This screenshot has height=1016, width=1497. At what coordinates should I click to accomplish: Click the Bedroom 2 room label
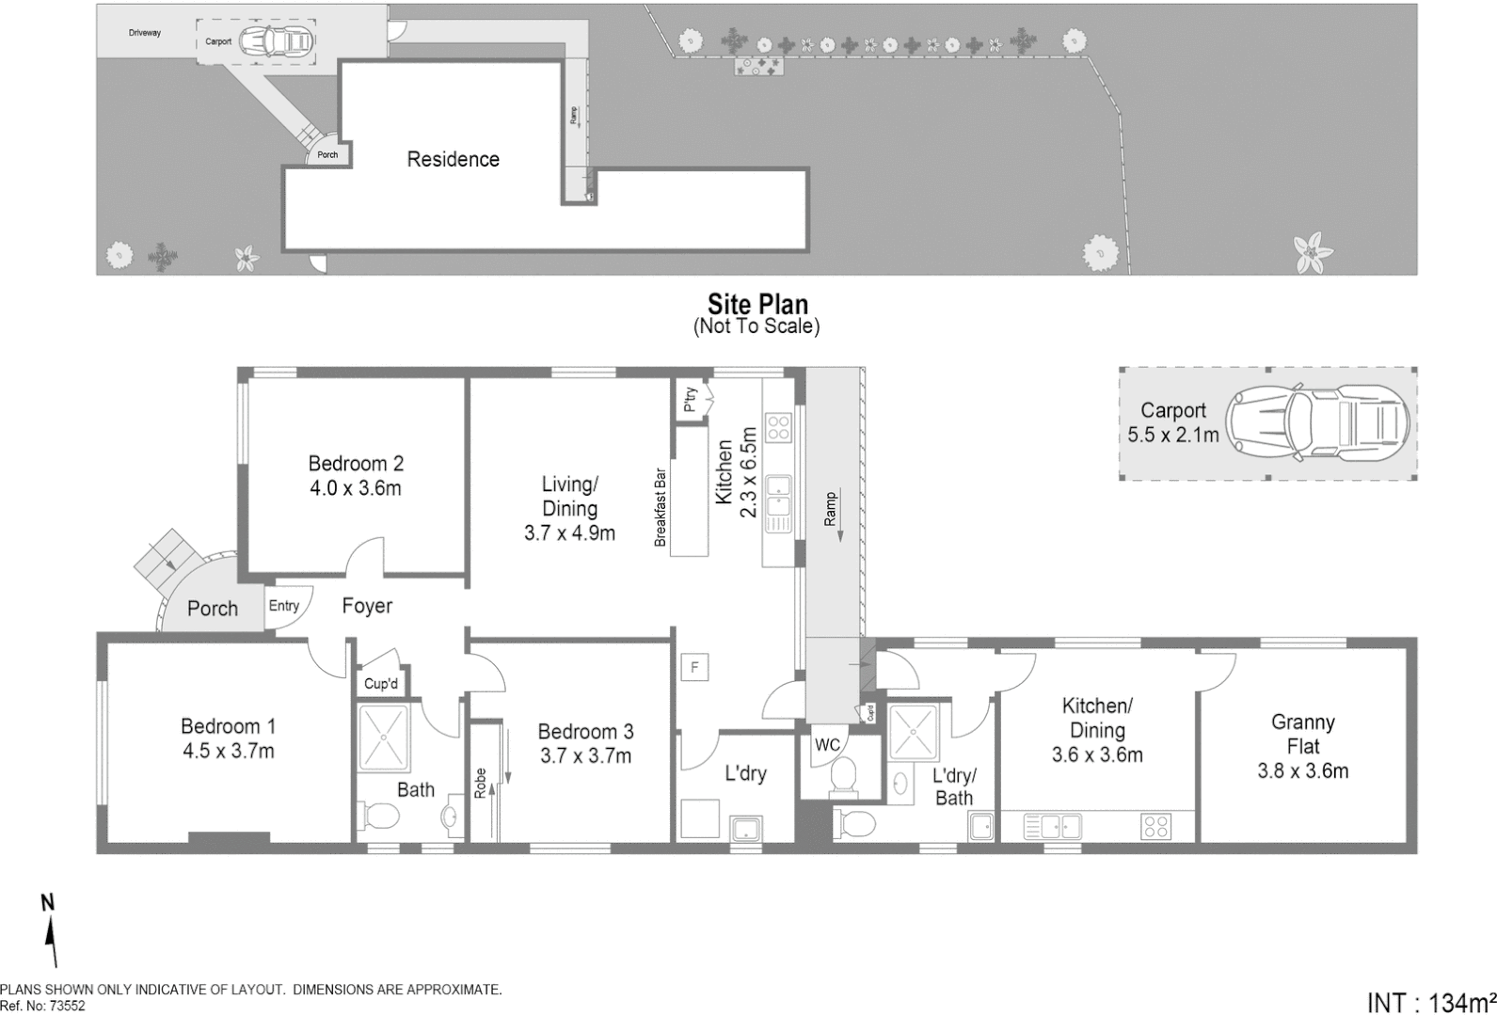(356, 463)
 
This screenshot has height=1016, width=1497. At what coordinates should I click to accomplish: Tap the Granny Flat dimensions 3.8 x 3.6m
(1302, 771)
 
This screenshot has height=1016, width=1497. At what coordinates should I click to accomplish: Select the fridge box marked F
(694, 668)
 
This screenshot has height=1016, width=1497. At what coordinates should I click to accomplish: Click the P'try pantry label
(690, 399)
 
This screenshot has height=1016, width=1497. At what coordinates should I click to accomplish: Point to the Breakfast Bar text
(661, 507)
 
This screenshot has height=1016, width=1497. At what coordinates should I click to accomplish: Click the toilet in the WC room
(843, 774)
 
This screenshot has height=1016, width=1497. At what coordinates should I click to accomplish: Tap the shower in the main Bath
(383, 738)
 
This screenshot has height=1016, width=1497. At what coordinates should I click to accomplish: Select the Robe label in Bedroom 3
(480, 784)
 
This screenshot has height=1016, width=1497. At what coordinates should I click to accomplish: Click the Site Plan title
(757, 304)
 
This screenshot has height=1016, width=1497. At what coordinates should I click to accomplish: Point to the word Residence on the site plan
(453, 159)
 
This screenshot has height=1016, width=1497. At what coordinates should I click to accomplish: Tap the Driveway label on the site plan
(145, 33)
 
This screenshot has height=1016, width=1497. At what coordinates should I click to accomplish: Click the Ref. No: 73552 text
(42, 1006)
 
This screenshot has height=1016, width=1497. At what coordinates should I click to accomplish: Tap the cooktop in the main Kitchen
(778, 428)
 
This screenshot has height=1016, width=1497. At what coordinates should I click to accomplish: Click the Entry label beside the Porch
(283, 606)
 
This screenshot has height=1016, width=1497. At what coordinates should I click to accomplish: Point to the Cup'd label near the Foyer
(381, 684)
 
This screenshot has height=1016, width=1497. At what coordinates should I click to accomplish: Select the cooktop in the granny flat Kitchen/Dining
(1155, 827)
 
